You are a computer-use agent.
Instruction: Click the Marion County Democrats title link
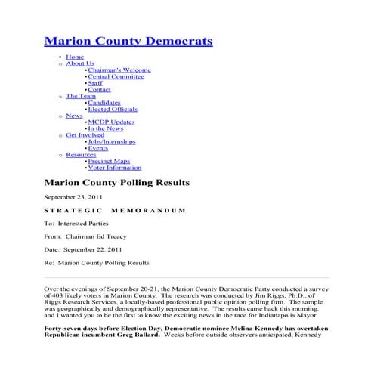pyautogui.click(x=128, y=41)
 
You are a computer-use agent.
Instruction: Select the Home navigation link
pyautogui.click(x=75, y=57)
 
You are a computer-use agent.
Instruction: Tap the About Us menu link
pyautogui.click(x=80, y=63)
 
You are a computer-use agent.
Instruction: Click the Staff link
pyautogui.click(x=95, y=83)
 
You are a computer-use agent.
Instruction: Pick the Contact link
pyautogui.click(x=100, y=90)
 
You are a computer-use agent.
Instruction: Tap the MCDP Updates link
pyautogui.click(x=111, y=122)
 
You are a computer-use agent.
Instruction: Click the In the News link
pyautogui.click(x=105, y=129)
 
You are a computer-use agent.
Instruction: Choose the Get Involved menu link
pyautogui.click(x=85, y=135)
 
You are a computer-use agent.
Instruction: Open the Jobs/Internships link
pyautogui.click(x=112, y=142)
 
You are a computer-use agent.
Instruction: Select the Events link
pyautogui.click(x=98, y=148)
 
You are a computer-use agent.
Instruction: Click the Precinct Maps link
pyautogui.click(x=109, y=161)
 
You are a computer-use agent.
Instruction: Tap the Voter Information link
pyautogui.click(x=115, y=168)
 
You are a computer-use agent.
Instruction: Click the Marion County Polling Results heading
pyautogui.click(x=116, y=183)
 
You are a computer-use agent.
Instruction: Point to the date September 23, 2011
pyautogui.click(x=73, y=196)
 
